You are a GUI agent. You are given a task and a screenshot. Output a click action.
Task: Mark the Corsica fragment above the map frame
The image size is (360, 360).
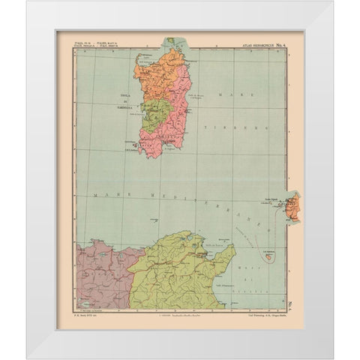coord(171,41)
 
